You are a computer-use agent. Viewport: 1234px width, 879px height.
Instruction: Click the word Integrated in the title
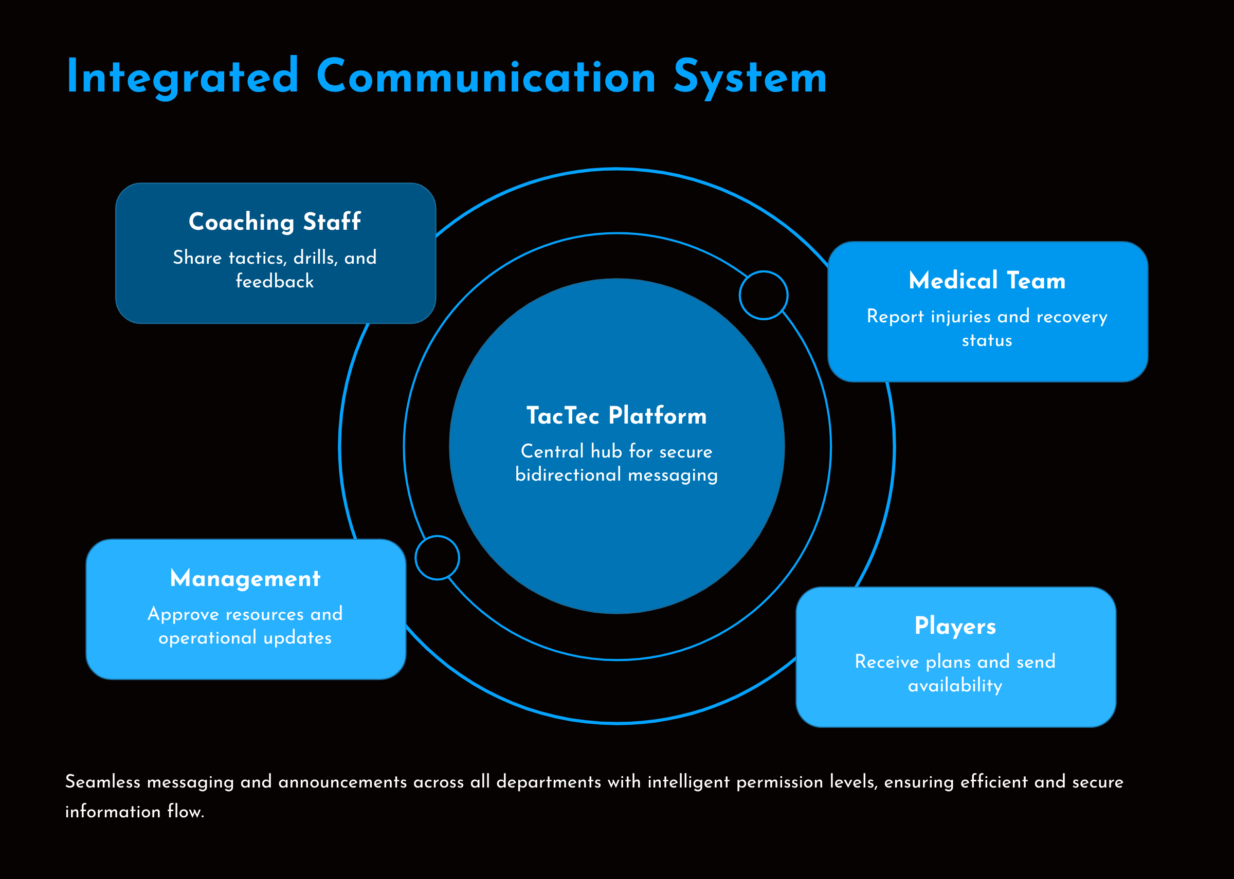[183, 77]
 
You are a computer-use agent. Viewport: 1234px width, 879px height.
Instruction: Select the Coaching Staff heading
[275, 222]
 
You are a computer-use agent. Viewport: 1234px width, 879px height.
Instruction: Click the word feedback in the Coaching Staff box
[275, 282]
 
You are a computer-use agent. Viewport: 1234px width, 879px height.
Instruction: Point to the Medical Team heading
[987, 281]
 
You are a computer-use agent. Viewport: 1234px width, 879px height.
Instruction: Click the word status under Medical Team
[987, 340]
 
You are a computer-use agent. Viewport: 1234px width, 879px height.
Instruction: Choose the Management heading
[245, 579]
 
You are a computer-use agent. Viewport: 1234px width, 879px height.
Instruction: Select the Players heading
[955, 626]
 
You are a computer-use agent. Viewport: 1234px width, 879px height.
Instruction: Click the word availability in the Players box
[955, 686]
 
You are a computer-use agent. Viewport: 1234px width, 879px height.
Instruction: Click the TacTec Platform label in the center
[616, 416]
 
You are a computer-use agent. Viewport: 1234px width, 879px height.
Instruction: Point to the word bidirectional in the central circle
[568, 474]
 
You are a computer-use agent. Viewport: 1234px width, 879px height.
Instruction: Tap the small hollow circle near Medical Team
[763, 295]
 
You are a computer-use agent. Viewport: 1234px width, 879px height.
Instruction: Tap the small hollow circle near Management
[438, 558]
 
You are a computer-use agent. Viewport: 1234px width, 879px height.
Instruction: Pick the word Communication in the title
[485, 77]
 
